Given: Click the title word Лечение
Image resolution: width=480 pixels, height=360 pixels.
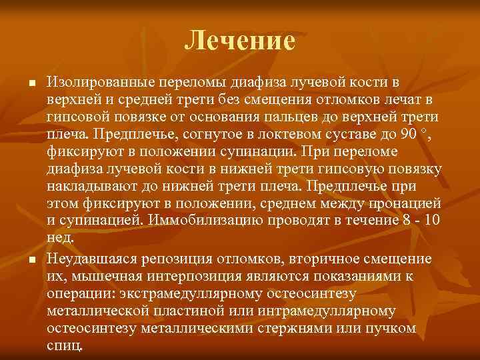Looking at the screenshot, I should coord(239,41).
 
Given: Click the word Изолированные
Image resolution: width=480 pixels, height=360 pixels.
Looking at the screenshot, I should coord(97,83).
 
